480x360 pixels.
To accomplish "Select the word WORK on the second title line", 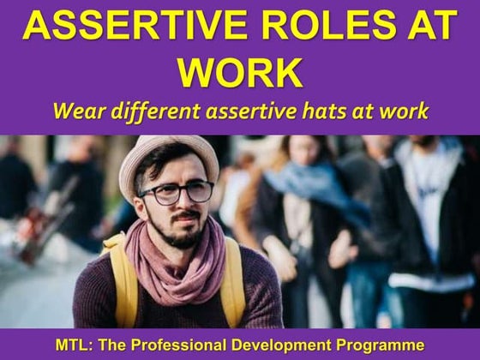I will pos(240,74).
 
